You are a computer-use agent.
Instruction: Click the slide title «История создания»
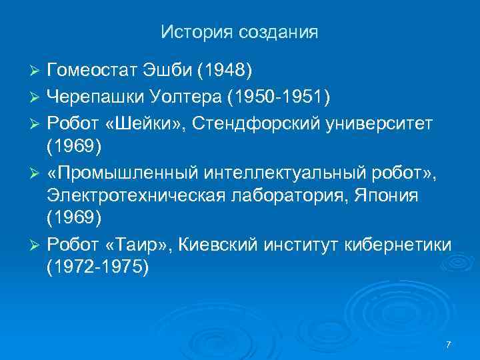tap(239, 31)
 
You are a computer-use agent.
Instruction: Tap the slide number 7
tap(448, 344)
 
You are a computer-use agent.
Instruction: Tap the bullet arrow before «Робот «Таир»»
tap(37, 247)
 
